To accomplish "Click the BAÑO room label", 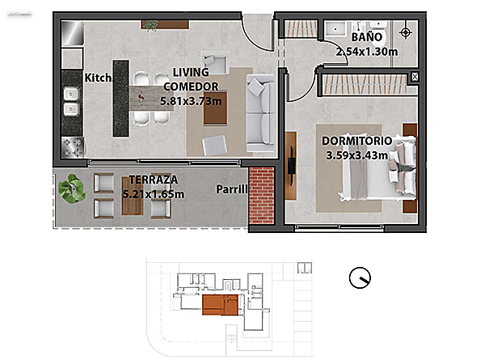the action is tap(367, 37).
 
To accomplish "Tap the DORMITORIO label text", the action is tap(357, 141).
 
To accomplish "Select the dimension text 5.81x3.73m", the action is tap(191, 101).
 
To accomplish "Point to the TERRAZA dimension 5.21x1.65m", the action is tap(154, 194).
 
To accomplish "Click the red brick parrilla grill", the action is tap(261, 195).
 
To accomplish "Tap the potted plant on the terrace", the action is tap(72, 188).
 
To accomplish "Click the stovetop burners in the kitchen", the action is tap(73, 147).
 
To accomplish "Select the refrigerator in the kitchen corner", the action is tap(73, 33).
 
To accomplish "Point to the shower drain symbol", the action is tap(405, 32).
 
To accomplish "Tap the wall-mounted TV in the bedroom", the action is tap(291, 166).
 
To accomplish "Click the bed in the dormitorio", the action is tap(377, 169).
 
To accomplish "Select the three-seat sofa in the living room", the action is tap(260, 113).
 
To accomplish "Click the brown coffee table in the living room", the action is tap(215, 108).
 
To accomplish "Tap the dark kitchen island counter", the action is tap(120, 99).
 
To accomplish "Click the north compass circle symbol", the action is tap(360, 277).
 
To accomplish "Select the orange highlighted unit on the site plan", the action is tap(220, 305).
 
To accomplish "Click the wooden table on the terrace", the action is tap(133, 196).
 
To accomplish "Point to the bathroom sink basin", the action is tap(335, 29).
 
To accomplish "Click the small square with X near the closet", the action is tap(415, 77).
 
